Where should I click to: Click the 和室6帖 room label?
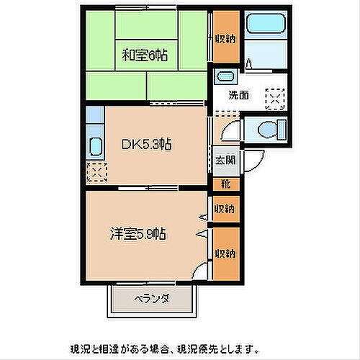click(145, 55)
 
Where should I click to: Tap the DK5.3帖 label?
click(145, 143)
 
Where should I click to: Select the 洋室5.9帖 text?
click(139, 233)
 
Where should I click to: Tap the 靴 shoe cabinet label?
click(225, 184)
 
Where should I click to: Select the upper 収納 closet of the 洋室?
click(225, 209)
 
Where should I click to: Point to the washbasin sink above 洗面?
click(225, 76)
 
